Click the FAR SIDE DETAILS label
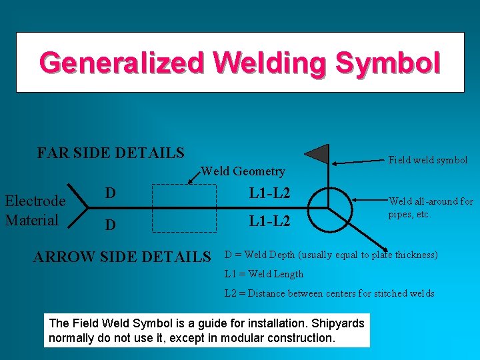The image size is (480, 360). coord(111,153)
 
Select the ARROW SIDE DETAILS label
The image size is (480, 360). coord(122,257)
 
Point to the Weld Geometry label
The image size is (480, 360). coord(243,171)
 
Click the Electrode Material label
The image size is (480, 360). coord(35,210)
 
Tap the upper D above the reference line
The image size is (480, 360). coord(111,193)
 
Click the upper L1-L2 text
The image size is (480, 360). coord(269,193)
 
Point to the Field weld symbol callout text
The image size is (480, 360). coord(428,160)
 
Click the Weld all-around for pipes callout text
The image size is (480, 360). coord(431,207)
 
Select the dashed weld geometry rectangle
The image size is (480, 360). coord(185,207)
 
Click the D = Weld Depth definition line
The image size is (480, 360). coord(331,255)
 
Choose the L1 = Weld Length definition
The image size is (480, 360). coord(263,274)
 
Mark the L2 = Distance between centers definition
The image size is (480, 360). coord(329,293)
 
